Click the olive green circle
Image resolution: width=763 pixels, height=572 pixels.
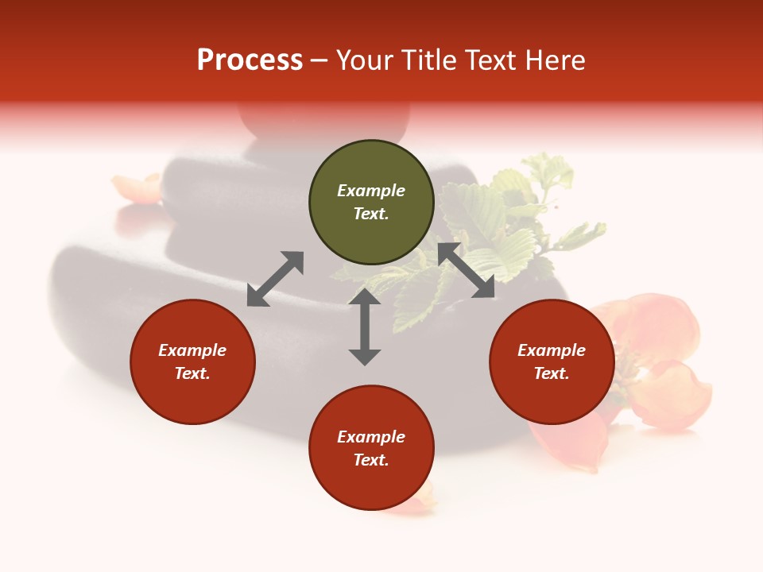click(x=371, y=203)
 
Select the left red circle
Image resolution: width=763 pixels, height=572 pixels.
click(x=192, y=362)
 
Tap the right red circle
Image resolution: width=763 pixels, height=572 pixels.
click(x=552, y=362)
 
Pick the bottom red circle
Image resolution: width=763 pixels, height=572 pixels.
click(x=371, y=449)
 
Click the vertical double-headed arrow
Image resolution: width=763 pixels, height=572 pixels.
click(x=365, y=327)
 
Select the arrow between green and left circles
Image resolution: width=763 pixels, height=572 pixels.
click(x=275, y=279)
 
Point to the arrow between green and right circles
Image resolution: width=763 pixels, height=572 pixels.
click(x=466, y=271)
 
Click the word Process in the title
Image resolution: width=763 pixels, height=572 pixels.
click(x=250, y=60)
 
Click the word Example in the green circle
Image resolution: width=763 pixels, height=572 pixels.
click(x=371, y=191)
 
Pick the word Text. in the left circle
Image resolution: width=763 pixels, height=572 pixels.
click(x=192, y=373)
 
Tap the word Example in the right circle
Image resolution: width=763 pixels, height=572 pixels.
click(x=552, y=350)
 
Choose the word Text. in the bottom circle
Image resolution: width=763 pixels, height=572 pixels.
click(x=371, y=460)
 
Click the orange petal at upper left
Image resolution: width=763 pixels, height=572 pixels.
click(x=137, y=189)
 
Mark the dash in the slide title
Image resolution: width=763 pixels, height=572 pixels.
click(x=320, y=60)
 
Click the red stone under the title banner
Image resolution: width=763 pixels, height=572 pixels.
click(x=323, y=120)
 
